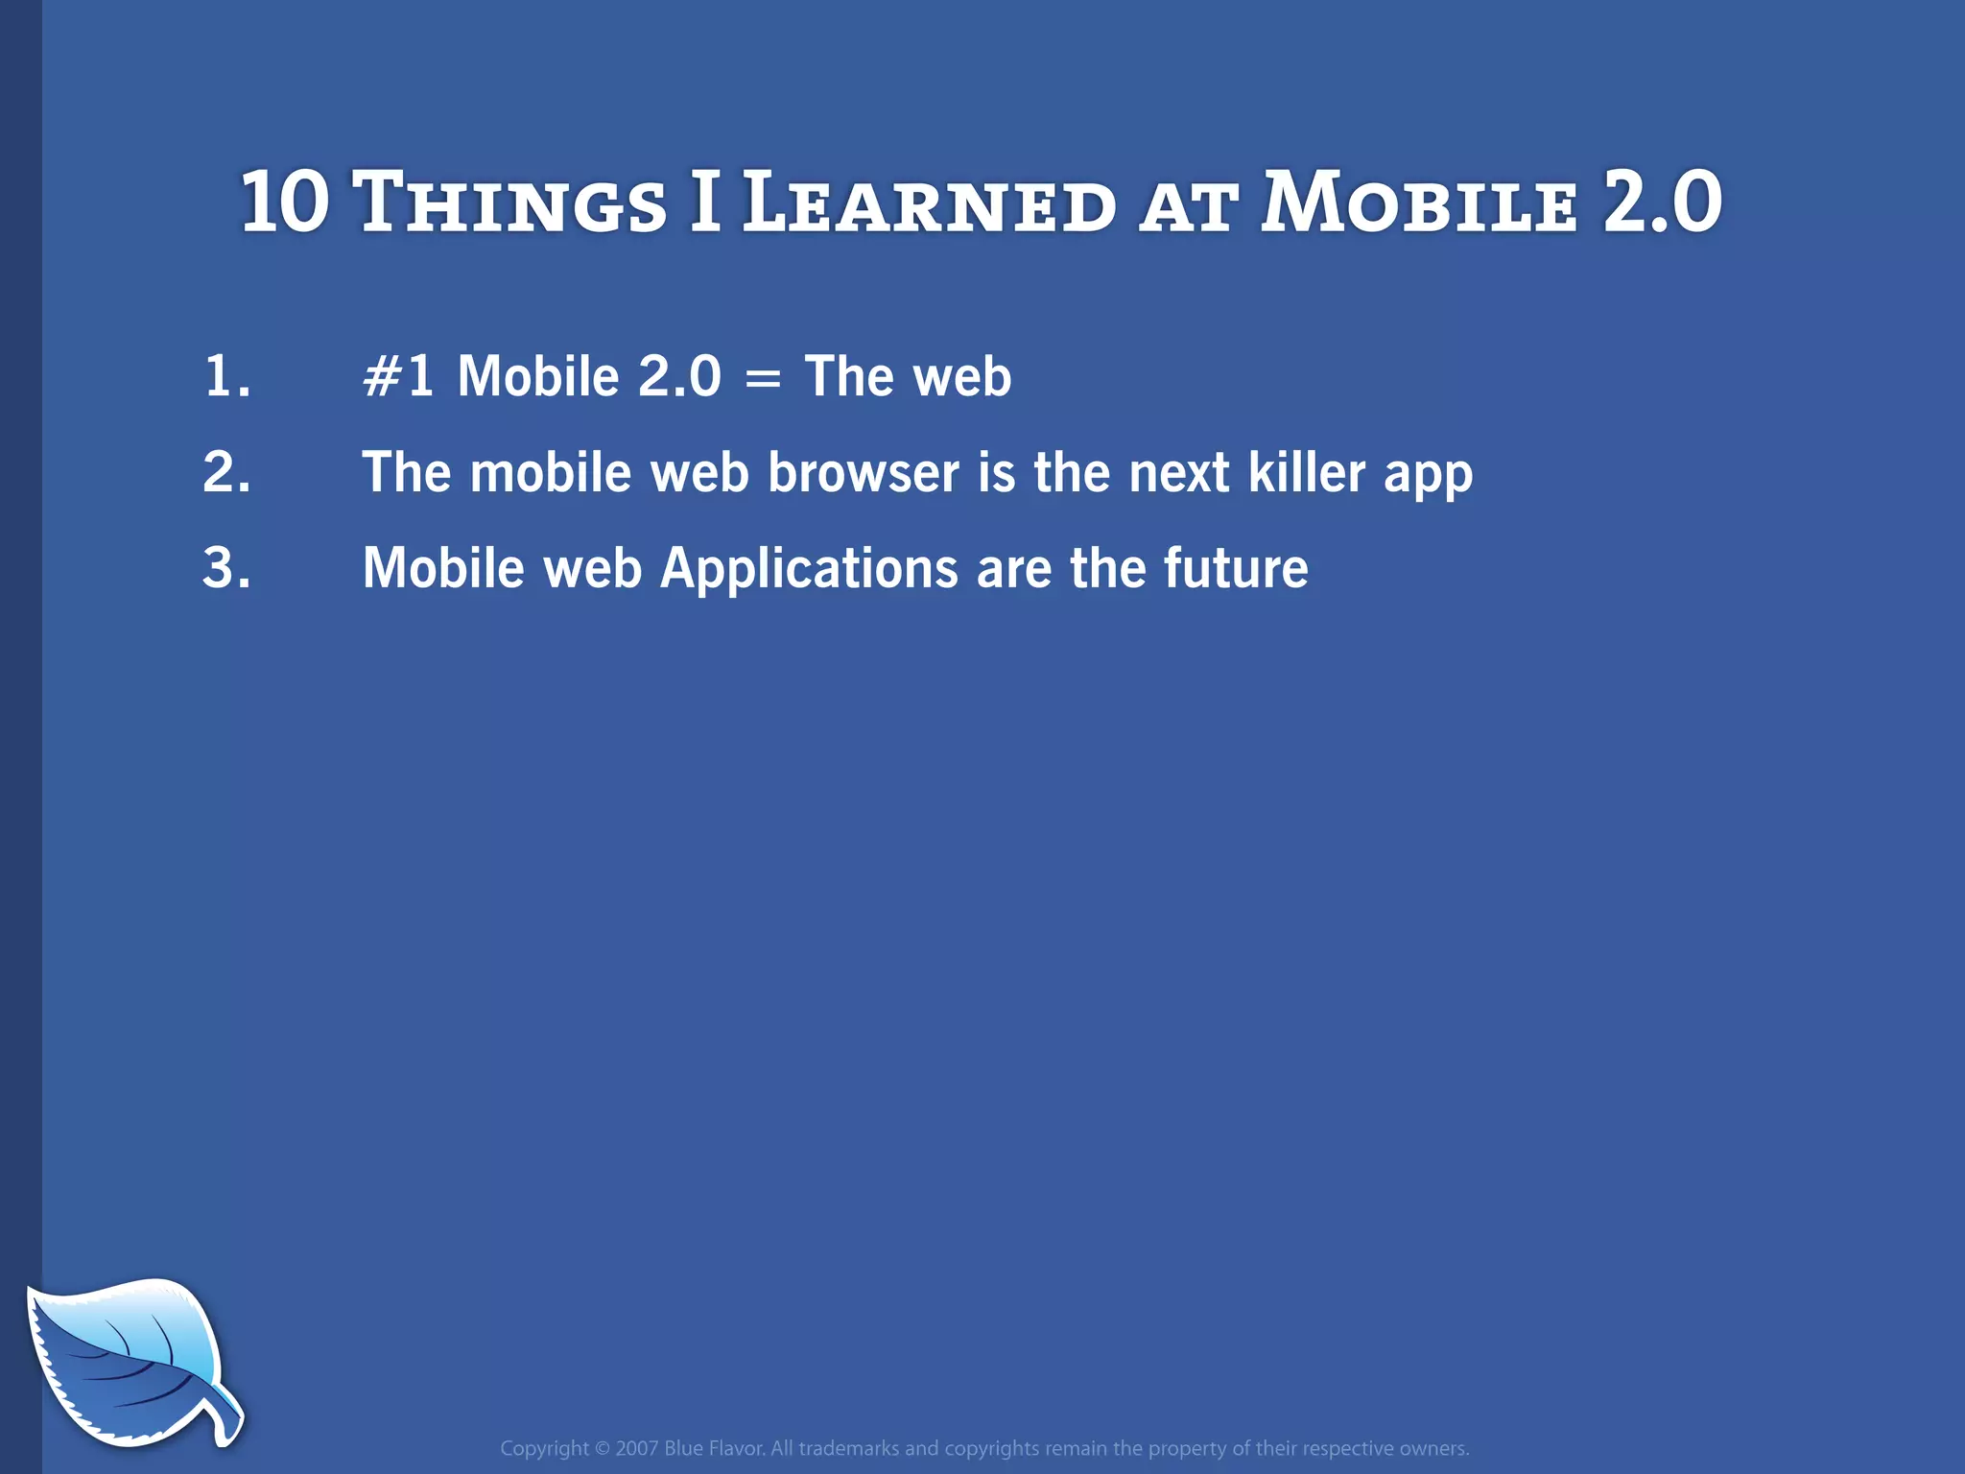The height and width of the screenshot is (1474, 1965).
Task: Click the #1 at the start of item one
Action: [x=397, y=376]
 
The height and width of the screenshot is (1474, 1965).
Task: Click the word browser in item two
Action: [x=863, y=472]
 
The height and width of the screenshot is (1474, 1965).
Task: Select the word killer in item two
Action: [x=1307, y=472]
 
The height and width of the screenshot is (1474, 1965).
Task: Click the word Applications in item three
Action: [x=809, y=568]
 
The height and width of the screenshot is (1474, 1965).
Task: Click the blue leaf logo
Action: [x=125, y=1358]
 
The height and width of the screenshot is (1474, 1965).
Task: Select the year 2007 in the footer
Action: [x=636, y=1449]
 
